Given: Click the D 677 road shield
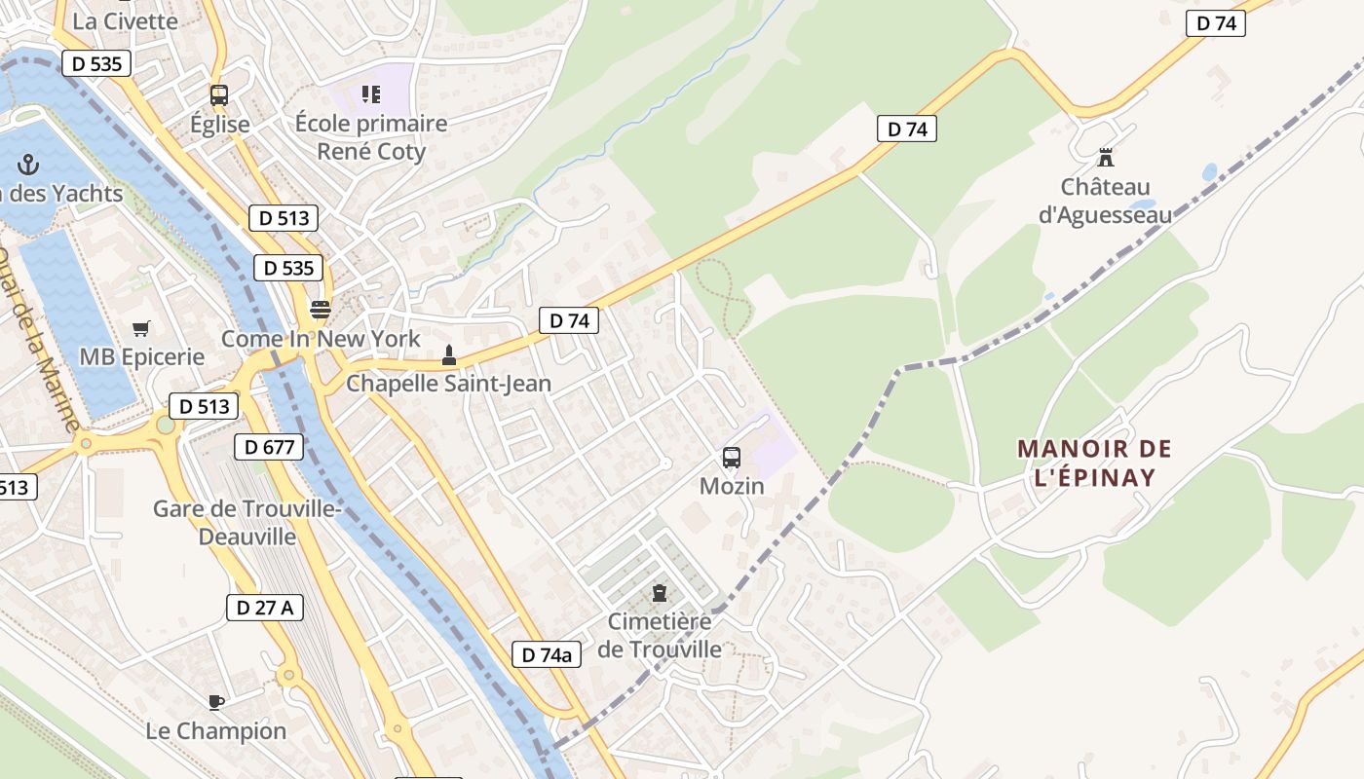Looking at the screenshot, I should click(269, 447).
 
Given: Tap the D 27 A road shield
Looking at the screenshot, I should click(265, 608).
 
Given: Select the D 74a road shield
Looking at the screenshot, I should click(547, 654).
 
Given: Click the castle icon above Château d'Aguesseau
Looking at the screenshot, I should click(1105, 157).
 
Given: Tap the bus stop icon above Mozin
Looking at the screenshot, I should click(732, 457).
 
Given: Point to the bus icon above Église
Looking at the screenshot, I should click(219, 95).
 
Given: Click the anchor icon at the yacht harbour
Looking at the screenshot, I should click(28, 164).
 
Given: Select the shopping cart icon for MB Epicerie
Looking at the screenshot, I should click(141, 328).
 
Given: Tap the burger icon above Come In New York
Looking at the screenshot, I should click(320, 310).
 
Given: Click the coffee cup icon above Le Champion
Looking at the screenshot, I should click(216, 701).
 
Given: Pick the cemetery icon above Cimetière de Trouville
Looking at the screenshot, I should click(660, 592).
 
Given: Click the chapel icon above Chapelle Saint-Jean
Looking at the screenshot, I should click(448, 355).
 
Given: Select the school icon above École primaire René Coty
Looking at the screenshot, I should click(370, 94).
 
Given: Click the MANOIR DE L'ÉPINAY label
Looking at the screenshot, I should click(1094, 463).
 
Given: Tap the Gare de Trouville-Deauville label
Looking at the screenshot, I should click(247, 522).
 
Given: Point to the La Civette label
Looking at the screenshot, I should click(126, 21).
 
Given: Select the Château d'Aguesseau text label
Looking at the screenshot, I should click(1105, 201).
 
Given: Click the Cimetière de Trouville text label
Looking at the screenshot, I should click(660, 635).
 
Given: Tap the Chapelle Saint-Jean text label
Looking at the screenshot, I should click(448, 384).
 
